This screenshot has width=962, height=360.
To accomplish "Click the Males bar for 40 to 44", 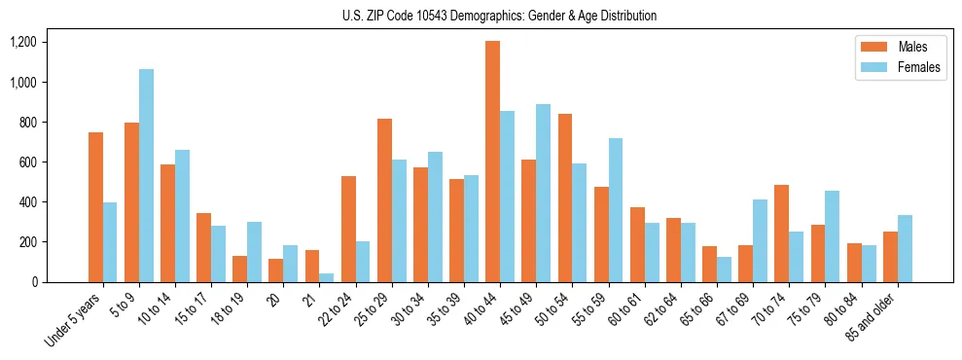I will [492, 162].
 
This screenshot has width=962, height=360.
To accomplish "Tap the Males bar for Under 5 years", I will [95, 207].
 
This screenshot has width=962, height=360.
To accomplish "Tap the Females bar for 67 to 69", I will [760, 240].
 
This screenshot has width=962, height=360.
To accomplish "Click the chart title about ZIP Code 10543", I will [499, 16].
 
